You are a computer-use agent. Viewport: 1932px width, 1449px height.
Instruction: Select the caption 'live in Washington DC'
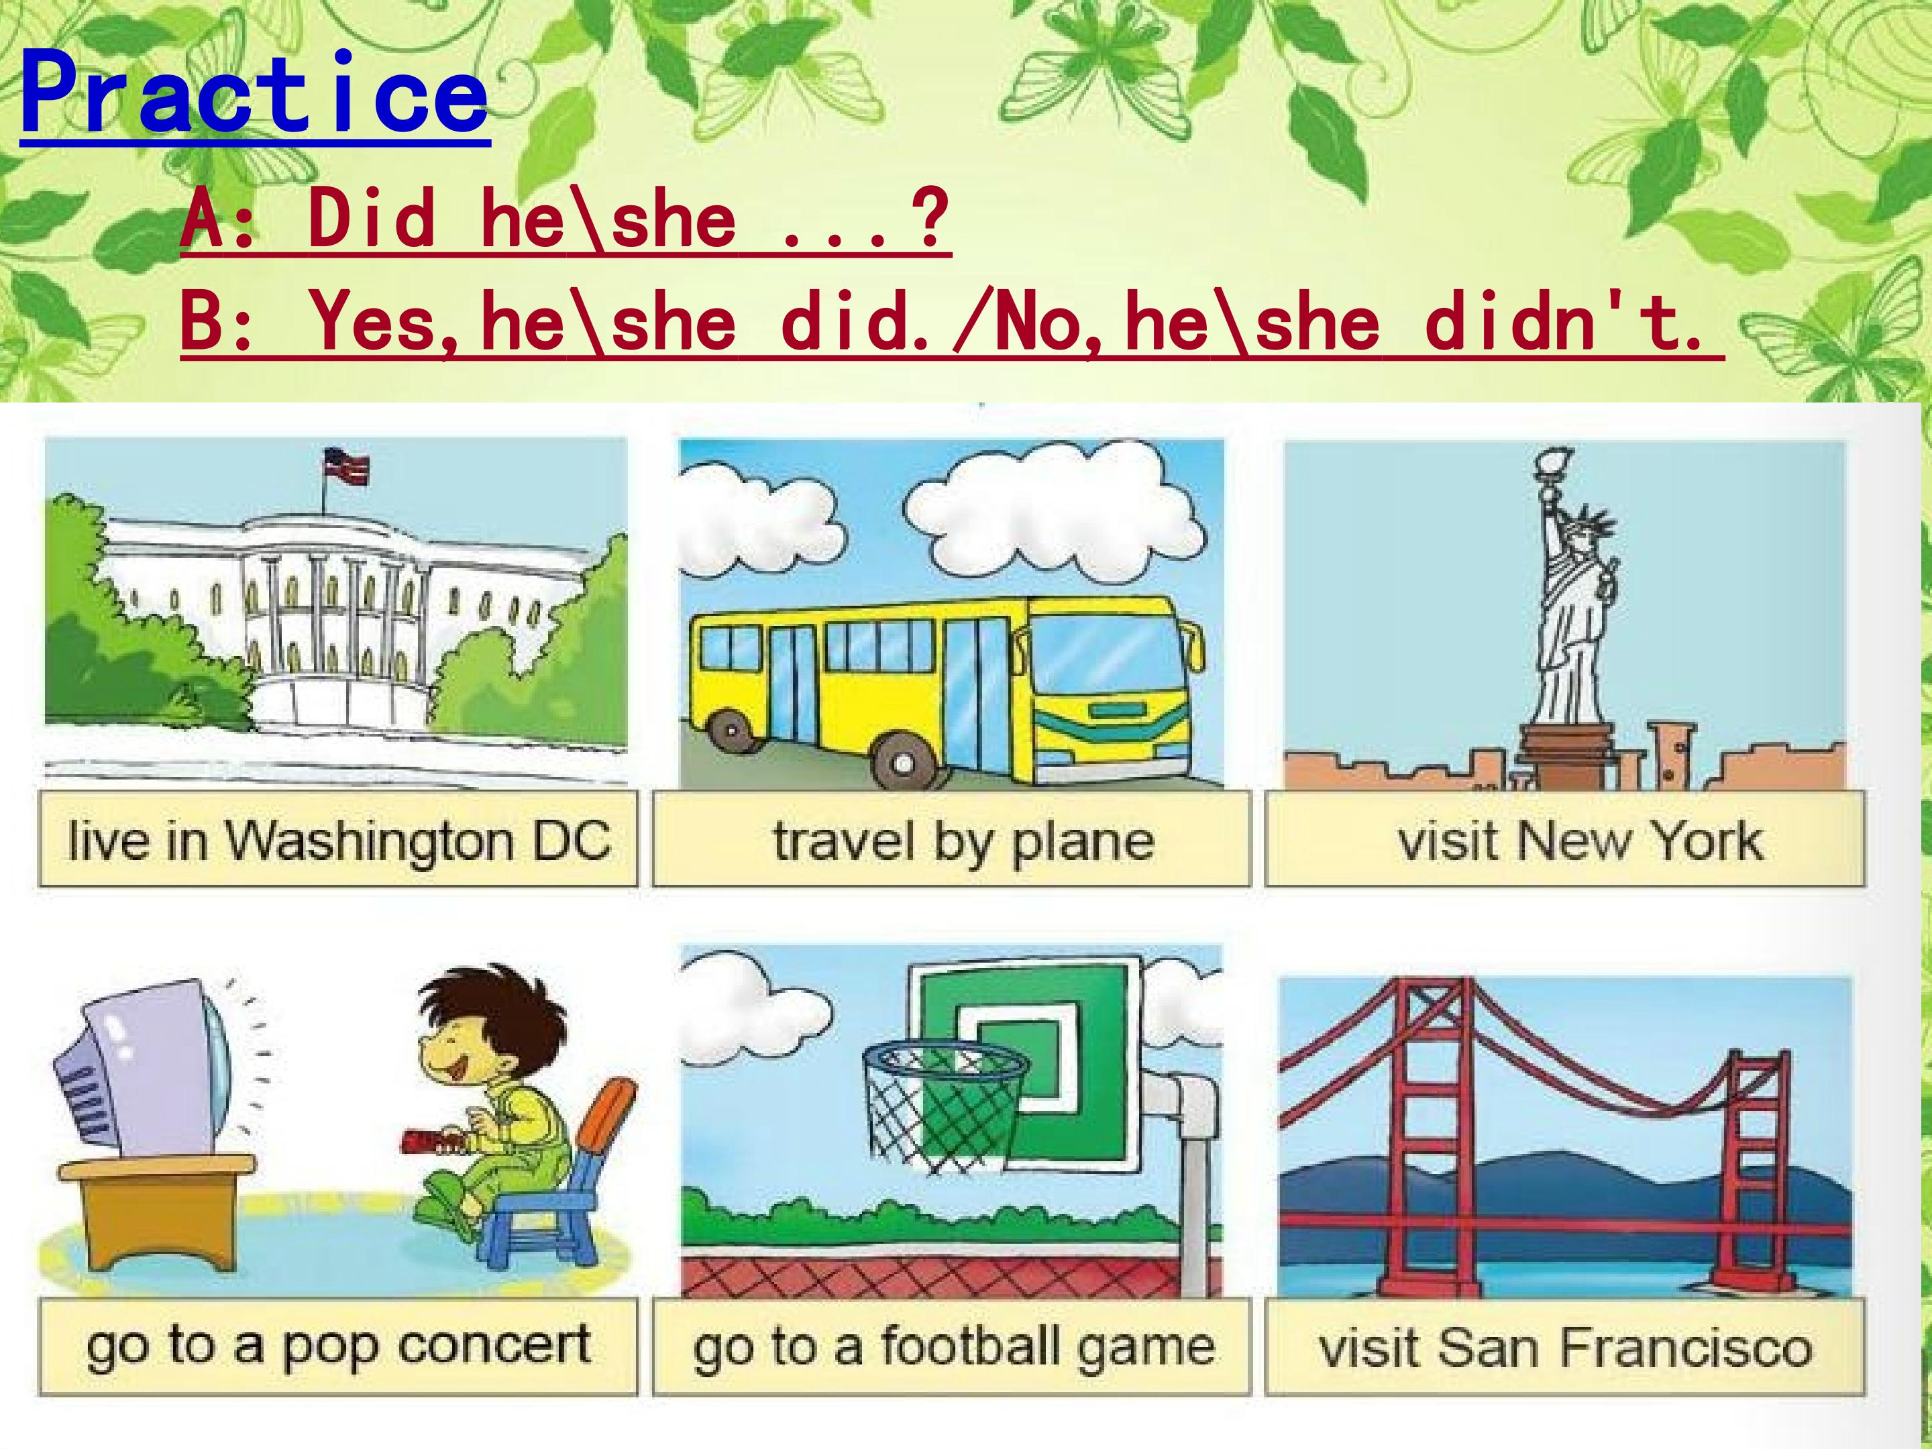338,841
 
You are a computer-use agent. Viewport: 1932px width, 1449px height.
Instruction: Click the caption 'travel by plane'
952,841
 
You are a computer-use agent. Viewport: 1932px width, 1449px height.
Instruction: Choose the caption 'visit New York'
1565,841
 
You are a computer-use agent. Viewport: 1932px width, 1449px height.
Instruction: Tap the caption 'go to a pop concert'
338,1346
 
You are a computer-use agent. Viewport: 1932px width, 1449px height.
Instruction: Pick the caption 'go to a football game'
952,1346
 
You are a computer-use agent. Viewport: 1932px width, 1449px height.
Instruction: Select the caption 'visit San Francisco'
1565,1346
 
